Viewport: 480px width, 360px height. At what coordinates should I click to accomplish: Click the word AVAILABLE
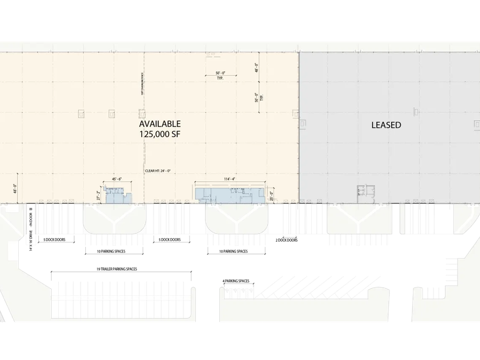[x=159, y=124]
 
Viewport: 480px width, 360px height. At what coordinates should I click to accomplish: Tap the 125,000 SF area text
[x=159, y=134]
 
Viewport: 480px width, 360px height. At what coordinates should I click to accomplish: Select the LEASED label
[x=386, y=125]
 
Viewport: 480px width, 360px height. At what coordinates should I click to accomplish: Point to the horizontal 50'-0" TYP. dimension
[x=216, y=75]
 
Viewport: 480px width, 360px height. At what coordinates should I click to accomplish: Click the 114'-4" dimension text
[x=229, y=179]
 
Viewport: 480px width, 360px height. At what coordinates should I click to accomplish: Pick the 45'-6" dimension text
[x=116, y=179]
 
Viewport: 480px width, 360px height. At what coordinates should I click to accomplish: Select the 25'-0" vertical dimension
[x=271, y=195]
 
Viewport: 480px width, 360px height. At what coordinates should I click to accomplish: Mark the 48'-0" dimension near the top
[x=257, y=68]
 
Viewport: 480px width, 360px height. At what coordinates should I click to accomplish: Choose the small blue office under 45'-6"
[x=116, y=195]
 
